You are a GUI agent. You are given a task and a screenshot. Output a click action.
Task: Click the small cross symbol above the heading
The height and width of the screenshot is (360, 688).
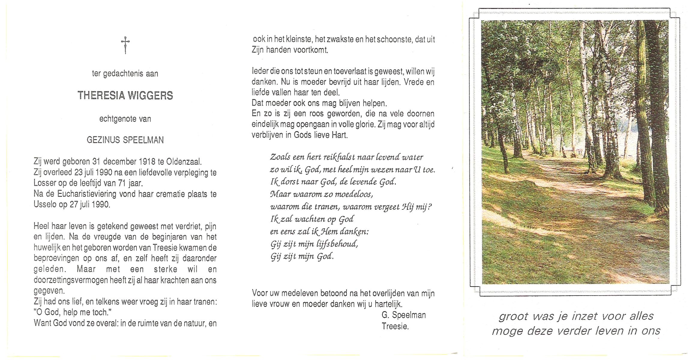pyautogui.click(x=125, y=45)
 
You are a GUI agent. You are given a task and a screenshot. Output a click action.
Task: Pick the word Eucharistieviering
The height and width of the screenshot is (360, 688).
pyautogui.click(x=87, y=194)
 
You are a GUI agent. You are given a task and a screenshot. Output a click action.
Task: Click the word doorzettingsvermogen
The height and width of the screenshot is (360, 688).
pyautogui.click(x=71, y=280)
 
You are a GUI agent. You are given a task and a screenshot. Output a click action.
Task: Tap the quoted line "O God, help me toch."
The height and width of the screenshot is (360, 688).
pyautogui.click(x=73, y=312)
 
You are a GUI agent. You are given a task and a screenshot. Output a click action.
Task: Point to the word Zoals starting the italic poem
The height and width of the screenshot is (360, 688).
pyautogui.click(x=280, y=157)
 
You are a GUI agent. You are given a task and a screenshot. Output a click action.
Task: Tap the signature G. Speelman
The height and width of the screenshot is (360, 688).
pyautogui.click(x=404, y=315)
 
